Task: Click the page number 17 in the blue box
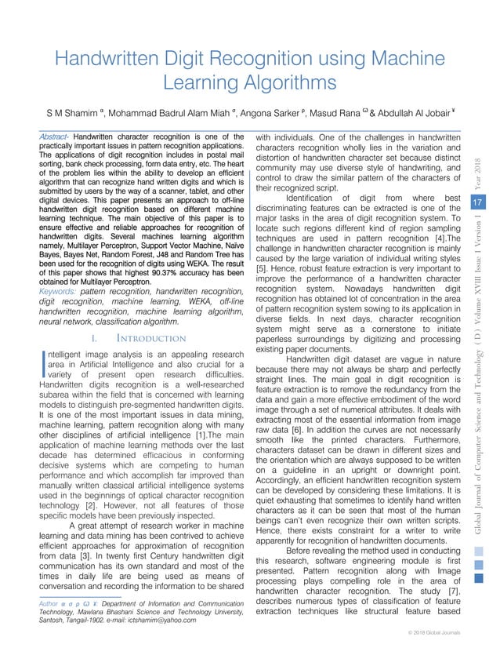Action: (x=475, y=202)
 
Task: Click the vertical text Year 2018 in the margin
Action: (x=476, y=166)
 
